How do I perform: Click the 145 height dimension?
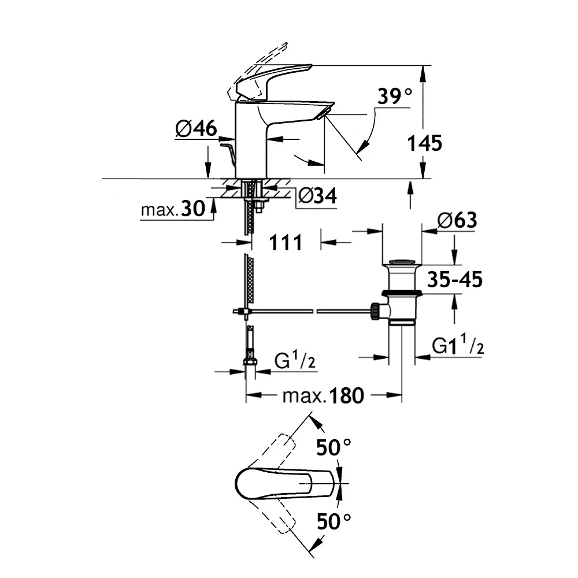pos(424,142)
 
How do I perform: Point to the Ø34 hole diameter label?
pos(317,196)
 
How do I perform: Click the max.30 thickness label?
pos(173,209)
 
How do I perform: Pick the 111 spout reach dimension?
pos(286,242)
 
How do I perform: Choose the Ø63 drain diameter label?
pos(457,220)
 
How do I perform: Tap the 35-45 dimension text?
pos(455,280)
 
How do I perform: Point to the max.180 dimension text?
pos(323,396)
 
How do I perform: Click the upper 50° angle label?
pos(334,446)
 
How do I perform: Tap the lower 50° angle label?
pos(334,523)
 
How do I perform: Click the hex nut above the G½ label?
pos(250,362)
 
